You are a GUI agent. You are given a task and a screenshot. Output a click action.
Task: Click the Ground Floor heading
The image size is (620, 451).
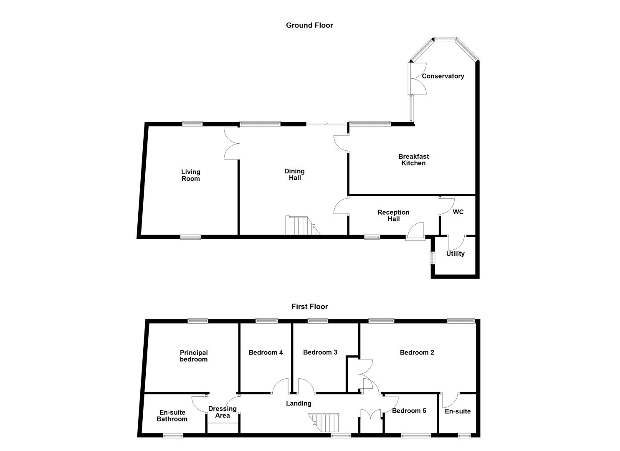click(x=309, y=25)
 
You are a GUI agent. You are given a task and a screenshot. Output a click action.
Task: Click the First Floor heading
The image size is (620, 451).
click(x=309, y=307)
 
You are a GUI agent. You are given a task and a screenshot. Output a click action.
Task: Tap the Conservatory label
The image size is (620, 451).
click(x=443, y=76)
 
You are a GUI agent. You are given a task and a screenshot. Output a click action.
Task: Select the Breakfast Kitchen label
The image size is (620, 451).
click(x=413, y=160)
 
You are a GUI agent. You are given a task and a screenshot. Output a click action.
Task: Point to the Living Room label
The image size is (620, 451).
click(x=190, y=175)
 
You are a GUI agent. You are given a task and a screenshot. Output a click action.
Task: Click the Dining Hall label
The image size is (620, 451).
click(x=294, y=175)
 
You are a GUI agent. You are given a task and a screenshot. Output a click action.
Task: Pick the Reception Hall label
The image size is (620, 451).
click(x=393, y=215)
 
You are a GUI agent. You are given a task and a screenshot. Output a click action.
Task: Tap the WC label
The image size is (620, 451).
click(x=458, y=212)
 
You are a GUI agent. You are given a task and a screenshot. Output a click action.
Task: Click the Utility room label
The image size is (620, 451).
click(x=455, y=253)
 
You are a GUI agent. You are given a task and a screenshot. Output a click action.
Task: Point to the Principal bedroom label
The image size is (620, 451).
click(x=194, y=356)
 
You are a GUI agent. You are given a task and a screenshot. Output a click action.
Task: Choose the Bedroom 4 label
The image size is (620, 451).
click(x=266, y=352)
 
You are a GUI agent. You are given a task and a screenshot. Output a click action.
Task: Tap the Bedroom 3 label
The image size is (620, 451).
click(x=320, y=352)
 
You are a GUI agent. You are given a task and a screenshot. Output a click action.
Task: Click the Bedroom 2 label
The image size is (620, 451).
click(x=417, y=352)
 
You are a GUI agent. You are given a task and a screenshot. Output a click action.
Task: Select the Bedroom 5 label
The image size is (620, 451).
click(x=409, y=411)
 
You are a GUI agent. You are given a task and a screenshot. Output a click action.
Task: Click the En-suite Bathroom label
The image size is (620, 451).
click(x=172, y=416)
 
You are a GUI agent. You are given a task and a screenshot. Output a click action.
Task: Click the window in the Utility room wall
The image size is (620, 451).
click(x=433, y=257)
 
